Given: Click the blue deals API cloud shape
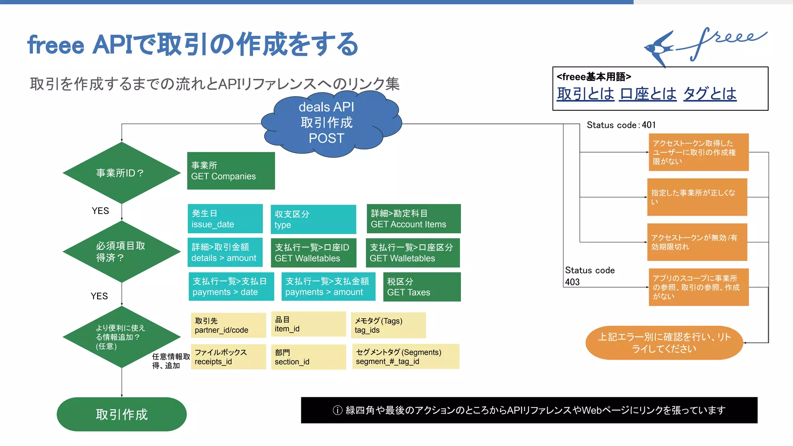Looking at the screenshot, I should coord(329,123).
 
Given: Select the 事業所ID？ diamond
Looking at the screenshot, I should coord(121,173).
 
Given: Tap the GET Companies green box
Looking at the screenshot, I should coord(231,171).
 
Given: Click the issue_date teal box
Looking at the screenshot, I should coord(225,219).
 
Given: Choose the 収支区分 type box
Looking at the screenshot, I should coord(313,219).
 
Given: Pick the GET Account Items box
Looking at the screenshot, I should coord(414,219).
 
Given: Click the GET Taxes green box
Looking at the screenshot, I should coord(422,287).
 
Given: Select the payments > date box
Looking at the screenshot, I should coord(231,286).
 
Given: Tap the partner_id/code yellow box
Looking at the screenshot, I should coord(228,325).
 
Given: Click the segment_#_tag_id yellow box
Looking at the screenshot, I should coord(405,357).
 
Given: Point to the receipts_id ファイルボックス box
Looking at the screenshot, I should coord(228,357).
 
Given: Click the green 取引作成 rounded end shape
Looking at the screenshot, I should coord(122,414).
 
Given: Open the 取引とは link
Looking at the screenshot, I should coord(585,94).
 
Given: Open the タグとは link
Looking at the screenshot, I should coord(709,94).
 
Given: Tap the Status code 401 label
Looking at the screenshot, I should coord(621,125).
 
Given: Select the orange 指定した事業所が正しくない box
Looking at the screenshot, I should coord(697,197).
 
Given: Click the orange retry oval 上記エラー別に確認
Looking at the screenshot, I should coord(664,343).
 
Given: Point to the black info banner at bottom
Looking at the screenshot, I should coord(529,410).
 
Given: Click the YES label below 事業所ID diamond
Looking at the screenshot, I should coord(100,211).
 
